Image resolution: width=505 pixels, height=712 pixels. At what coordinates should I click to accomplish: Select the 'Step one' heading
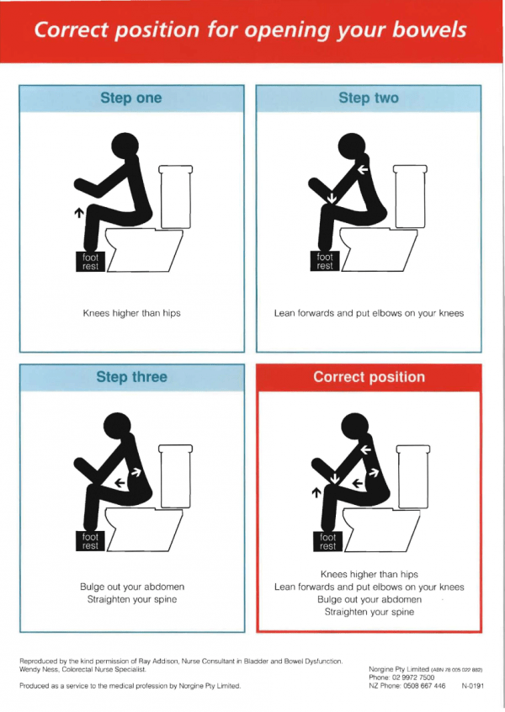pyautogui.click(x=130, y=98)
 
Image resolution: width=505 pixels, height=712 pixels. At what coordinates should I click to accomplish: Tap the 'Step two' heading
pyautogui.click(x=368, y=98)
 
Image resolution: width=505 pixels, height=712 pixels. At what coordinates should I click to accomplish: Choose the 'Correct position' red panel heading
pyautogui.click(x=369, y=377)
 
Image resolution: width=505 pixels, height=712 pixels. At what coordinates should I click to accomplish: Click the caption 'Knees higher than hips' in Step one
pyautogui.click(x=131, y=314)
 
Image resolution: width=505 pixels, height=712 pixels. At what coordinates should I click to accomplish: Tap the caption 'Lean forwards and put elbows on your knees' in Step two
pyautogui.click(x=369, y=314)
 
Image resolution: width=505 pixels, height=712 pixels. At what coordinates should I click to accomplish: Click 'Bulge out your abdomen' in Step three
pyautogui.click(x=131, y=587)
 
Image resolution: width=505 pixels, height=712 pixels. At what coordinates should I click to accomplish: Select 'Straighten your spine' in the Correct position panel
pyautogui.click(x=369, y=613)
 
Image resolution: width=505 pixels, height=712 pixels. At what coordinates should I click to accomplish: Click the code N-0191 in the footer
pyautogui.click(x=472, y=686)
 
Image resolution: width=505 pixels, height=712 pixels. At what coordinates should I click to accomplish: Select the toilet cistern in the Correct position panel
pyautogui.click(x=413, y=472)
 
